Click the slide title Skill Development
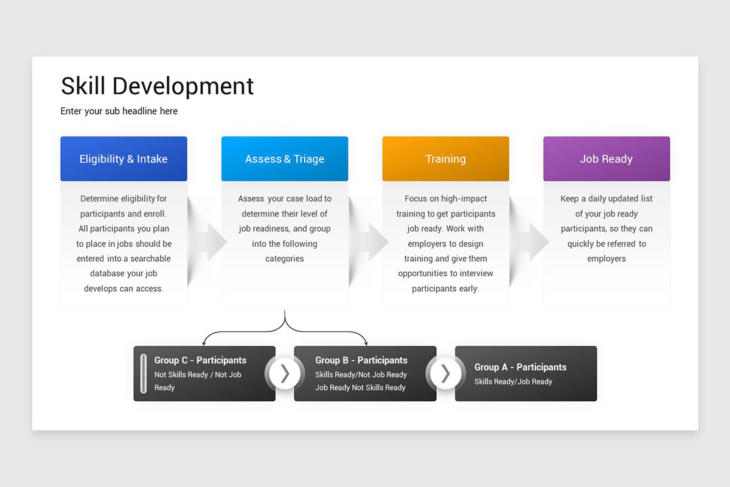[x=157, y=86]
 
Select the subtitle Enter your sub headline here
[x=119, y=111]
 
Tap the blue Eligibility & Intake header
[x=123, y=159]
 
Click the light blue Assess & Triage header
[x=285, y=159]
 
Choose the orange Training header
[x=445, y=159]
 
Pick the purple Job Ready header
[x=606, y=159]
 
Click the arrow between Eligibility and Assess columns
[x=210, y=242]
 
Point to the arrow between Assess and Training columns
[x=371, y=242]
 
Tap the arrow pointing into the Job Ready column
[x=532, y=242]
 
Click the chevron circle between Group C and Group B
[x=285, y=373]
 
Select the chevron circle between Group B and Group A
[x=445, y=373]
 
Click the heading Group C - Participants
[x=200, y=360]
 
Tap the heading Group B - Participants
[x=361, y=360]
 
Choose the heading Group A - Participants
[x=520, y=367]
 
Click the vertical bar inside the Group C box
[x=144, y=373]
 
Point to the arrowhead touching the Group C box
[x=204, y=344]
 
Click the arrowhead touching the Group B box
[x=366, y=344]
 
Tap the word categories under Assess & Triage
[x=285, y=259]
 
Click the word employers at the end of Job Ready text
[x=606, y=259]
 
